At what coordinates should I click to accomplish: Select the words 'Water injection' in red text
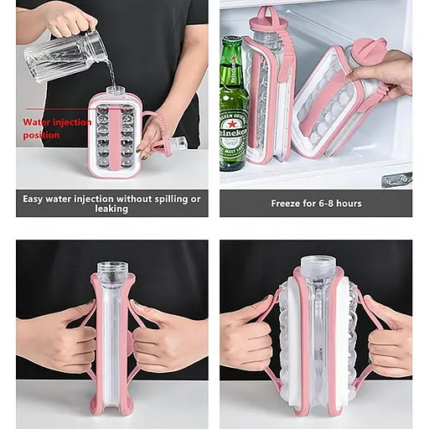pos(57,122)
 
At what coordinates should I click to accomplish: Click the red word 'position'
pos(41,135)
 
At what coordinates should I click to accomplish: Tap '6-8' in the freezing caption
pos(324,204)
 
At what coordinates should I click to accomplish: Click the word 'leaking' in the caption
pos(111,209)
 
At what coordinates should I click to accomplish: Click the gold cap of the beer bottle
pos(232,40)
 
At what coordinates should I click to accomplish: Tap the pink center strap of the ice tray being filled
pos(113,140)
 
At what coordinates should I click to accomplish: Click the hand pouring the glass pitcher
pos(68,20)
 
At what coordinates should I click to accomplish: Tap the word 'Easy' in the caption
pos(33,199)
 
